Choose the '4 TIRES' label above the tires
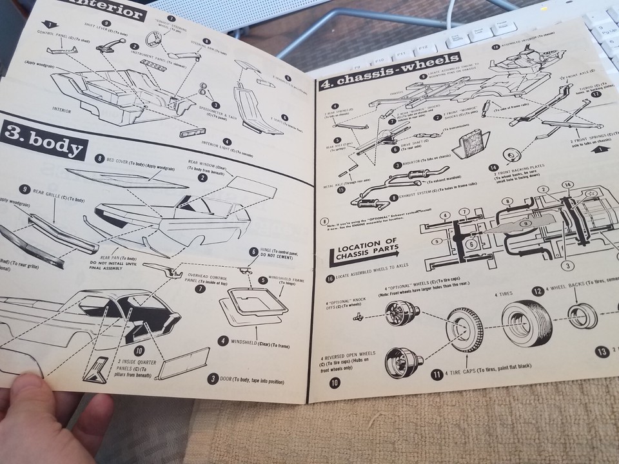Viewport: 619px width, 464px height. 504,293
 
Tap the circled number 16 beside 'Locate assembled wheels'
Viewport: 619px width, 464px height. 330,278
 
